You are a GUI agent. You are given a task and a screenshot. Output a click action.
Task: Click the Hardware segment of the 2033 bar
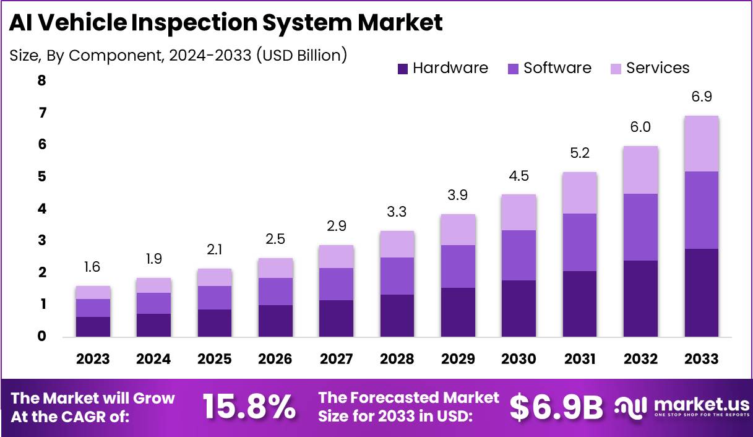click(x=701, y=293)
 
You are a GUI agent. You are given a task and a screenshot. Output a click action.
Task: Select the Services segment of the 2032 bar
click(x=640, y=170)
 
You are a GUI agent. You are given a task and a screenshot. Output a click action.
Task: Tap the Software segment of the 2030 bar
click(x=518, y=255)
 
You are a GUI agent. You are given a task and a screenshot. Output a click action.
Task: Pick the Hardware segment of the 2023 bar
click(x=93, y=327)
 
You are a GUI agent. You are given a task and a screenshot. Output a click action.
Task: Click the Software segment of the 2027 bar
click(x=336, y=284)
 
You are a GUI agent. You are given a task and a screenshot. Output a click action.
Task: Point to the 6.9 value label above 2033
click(x=701, y=97)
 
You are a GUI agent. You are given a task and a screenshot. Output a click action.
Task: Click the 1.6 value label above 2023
click(x=93, y=267)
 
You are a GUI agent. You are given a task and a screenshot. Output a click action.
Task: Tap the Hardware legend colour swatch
click(x=402, y=69)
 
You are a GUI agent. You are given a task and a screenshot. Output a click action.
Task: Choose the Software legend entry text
click(x=557, y=68)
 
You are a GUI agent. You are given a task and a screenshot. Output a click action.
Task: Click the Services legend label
click(x=657, y=68)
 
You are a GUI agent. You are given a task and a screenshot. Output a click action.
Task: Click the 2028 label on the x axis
click(x=397, y=359)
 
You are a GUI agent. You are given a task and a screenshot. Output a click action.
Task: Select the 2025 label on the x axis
click(x=214, y=359)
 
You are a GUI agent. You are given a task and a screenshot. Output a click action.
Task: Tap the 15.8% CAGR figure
click(x=249, y=407)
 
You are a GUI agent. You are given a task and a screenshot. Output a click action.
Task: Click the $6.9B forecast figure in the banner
click(x=556, y=407)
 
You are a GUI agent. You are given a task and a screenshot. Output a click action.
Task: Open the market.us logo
click(x=681, y=407)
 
